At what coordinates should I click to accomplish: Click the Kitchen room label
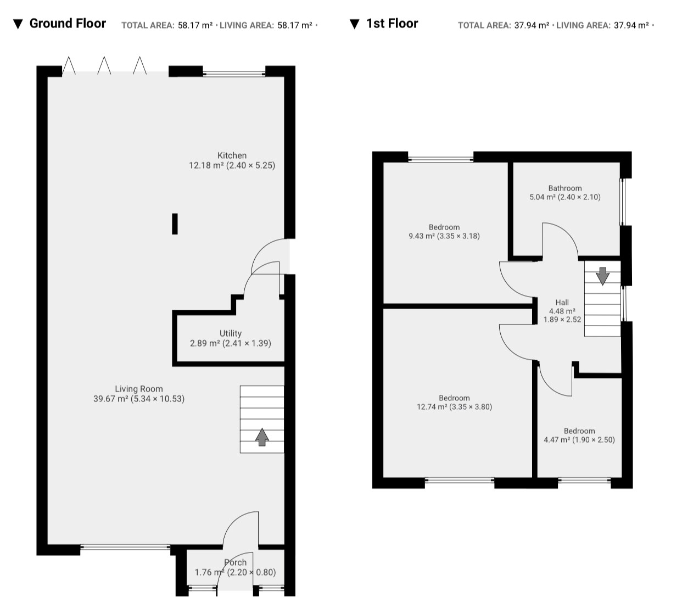(x=232, y=155)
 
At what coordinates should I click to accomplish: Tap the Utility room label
(x=231, y=333)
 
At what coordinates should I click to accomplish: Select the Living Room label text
(x=139, y=389)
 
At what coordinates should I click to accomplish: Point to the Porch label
(x=235, y=562)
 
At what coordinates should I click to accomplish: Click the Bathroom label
(x=565, y=188)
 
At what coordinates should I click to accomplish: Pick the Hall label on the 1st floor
(x=562, y=302)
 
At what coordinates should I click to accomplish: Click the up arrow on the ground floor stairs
(x=262, y=437)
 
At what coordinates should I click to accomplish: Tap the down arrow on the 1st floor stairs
(x=603, y=276)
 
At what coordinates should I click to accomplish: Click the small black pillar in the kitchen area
(x=175, y=224)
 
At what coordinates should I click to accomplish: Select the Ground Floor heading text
(x=68, y=24)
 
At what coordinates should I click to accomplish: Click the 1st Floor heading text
(x=392, y=24)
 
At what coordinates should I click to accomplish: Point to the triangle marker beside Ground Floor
(x=18, y=24)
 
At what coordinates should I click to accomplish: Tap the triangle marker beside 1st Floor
(x=354, y=24)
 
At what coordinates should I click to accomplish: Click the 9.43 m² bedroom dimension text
(x=444, y=236)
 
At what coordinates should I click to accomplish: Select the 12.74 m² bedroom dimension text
(x=454, y=407)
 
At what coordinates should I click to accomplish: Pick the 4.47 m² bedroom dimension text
(x=579, y=440)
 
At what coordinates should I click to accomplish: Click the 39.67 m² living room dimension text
(x=139, y=399)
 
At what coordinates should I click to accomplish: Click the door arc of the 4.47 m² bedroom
(x=547, y=386)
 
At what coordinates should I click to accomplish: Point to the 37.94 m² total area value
(x=532, y=25)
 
